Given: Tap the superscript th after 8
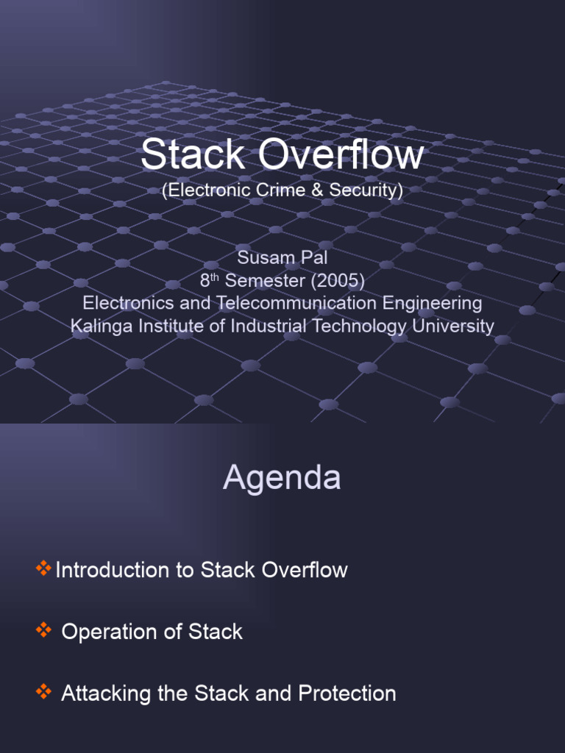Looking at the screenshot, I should [214, 276].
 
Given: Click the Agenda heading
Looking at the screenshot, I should [282, 478].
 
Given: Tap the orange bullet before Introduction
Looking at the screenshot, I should [43, 568].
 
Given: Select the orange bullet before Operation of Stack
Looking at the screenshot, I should [43, 630].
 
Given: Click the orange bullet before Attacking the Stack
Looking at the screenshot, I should [43, 691].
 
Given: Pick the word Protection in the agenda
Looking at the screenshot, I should [347, 693].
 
